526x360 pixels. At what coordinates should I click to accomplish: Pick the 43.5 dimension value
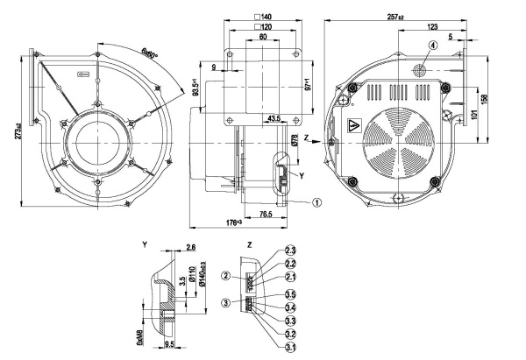[273, 118]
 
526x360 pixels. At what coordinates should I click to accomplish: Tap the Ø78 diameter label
[295, 140]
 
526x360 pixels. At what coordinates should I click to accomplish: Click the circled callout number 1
[316, 201]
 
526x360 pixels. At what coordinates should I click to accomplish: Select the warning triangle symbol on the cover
[355, 125]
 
